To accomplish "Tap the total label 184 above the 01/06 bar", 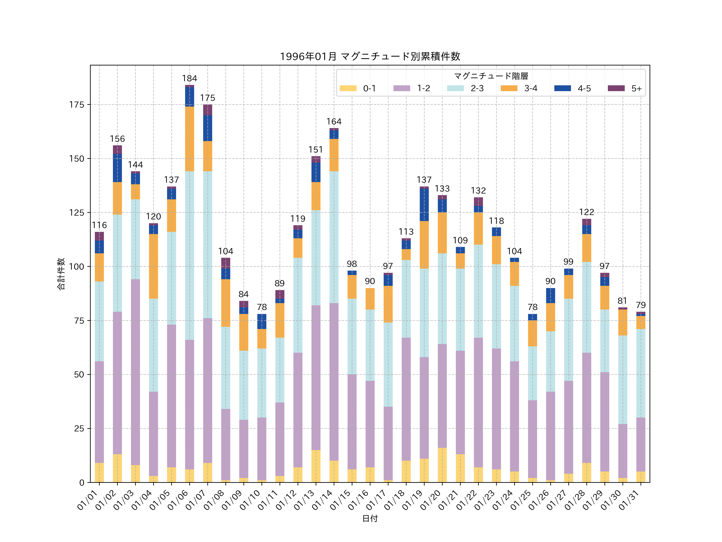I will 190,78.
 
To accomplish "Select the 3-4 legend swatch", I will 509,88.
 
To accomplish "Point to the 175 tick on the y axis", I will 77,105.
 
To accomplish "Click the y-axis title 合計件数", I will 61,274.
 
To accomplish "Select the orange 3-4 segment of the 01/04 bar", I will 153,266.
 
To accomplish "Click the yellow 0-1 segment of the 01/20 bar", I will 442,465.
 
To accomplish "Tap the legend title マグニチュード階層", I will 491,76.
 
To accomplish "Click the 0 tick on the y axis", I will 82,483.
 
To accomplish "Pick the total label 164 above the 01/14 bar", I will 334,121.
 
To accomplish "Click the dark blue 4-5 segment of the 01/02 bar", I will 118,168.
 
